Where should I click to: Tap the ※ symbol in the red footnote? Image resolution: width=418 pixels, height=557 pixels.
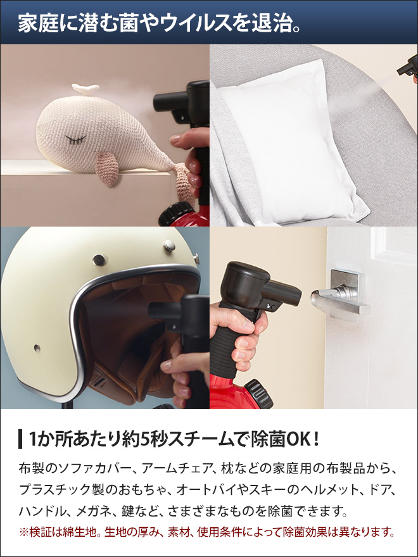[x=24, y=531]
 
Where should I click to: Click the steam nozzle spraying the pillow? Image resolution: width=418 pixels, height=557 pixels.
[x=405, y=66]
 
